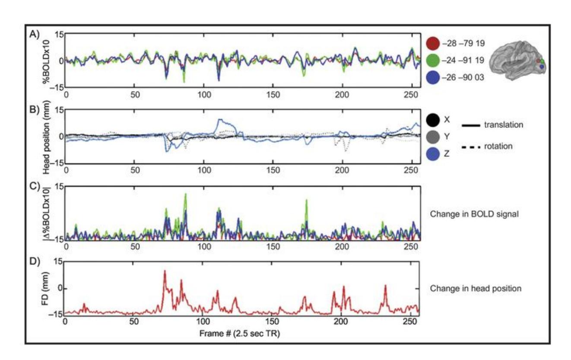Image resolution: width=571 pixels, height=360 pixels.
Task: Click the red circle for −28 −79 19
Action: coord(433,43)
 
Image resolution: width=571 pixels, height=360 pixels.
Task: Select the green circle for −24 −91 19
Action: coord(433,61)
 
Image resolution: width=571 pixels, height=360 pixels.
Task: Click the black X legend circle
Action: coord(433,120)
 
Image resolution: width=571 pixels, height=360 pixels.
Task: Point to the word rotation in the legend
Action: coord(498,147)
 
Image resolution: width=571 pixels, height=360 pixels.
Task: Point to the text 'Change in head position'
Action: coord(476,288)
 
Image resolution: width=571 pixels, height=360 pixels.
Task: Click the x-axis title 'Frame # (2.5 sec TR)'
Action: coord(240,334)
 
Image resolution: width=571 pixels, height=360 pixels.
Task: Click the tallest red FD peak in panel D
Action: coord(165,271)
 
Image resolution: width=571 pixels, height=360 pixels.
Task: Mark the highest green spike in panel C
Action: coord(186,194)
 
